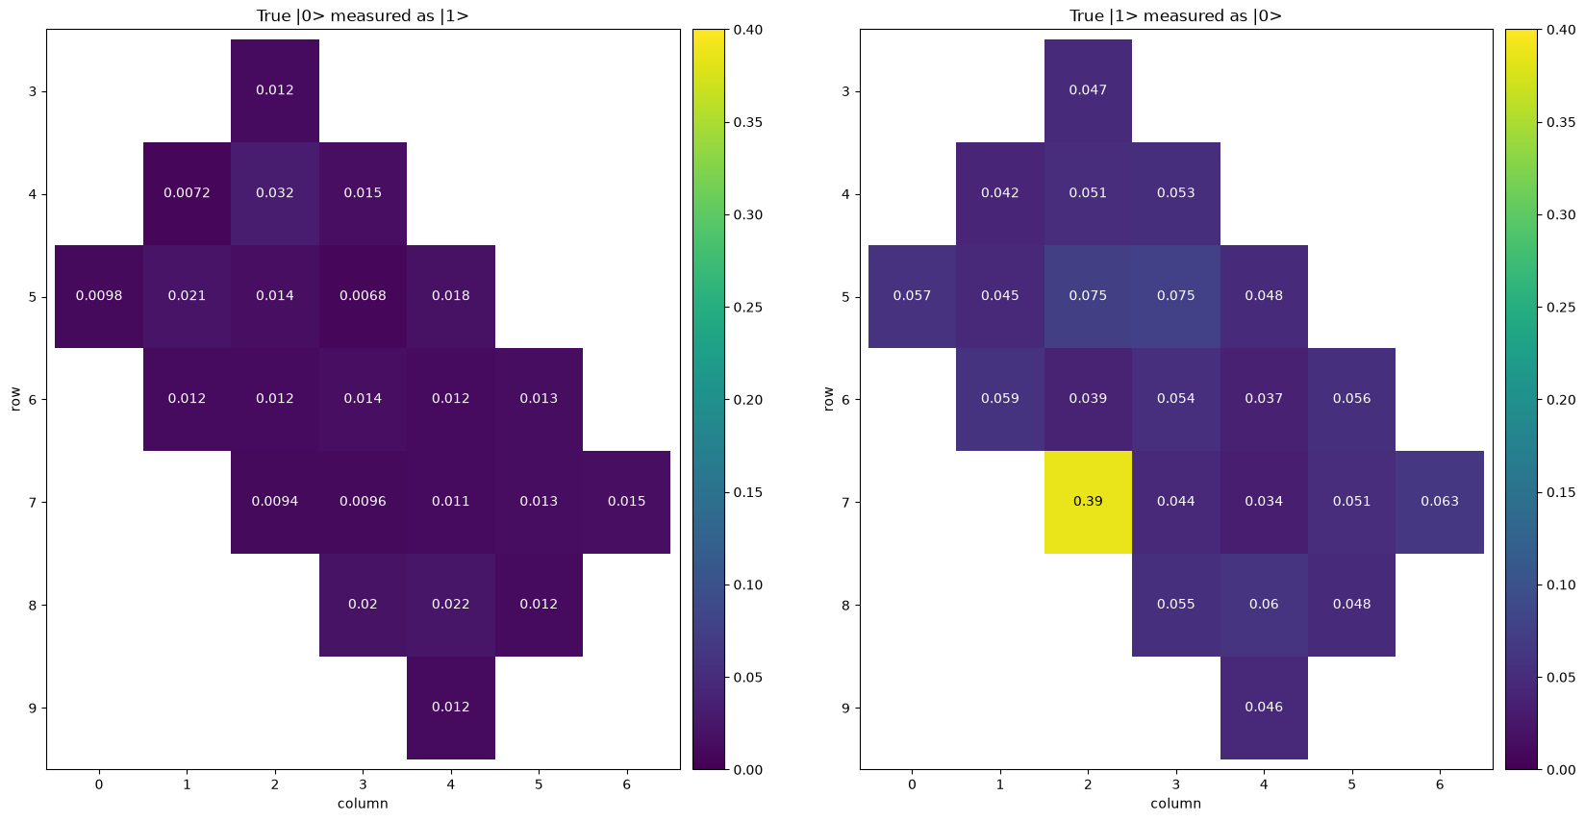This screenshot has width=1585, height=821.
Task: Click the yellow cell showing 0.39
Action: click(x=1088, y=502)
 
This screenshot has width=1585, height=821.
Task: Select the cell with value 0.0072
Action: click(x=187, y=194)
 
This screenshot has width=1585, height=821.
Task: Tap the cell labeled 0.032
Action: click(x=274, y=194)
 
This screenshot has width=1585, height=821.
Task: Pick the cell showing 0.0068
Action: click(x=363, y=296)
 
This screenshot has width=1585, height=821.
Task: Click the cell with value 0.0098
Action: click(x=99, y=296)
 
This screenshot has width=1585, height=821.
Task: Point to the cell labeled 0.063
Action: click(x=1440, y=502)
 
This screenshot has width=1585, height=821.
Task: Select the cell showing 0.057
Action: click(x=912, y=296)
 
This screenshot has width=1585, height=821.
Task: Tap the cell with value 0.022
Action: click(x=451, y=605)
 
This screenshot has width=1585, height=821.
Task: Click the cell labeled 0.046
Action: click(x=1264, y=708)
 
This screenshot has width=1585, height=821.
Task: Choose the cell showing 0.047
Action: click(x=1088, y=90)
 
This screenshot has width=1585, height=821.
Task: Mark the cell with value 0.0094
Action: click(x=274, y=502)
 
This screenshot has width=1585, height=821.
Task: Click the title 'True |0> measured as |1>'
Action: click(x=363, y=15)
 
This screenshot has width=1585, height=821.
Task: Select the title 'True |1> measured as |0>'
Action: click(x=1176, y=15)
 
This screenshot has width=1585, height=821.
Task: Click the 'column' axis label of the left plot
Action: click(x=363, y=804)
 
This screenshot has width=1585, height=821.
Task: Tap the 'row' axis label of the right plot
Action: click(x=829, y=399)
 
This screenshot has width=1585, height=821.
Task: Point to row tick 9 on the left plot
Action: click(x=33, y=708)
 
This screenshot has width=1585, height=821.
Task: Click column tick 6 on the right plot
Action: click(x=1440, y=784)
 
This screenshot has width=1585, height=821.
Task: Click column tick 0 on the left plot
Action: click(x=99, y=784)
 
